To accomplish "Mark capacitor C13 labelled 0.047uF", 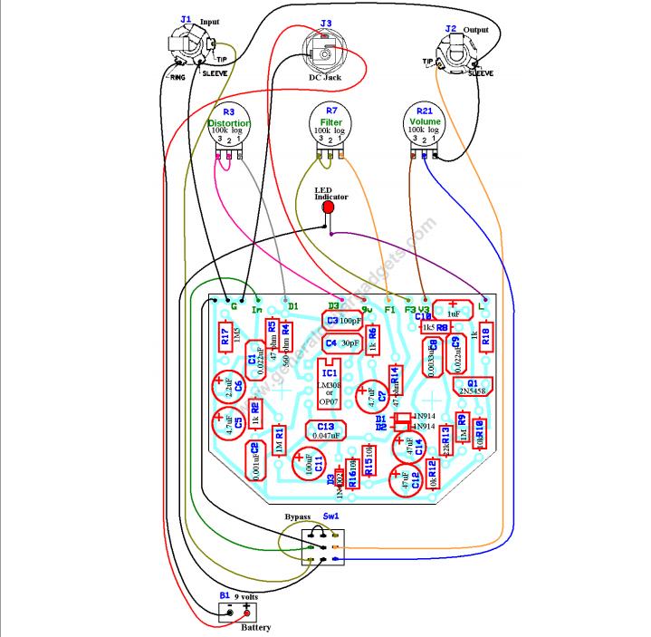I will click(326, 430).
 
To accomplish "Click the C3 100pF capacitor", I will click(343, 321).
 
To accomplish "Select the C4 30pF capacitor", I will click(342, 343).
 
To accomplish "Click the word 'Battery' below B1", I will click(255, 627).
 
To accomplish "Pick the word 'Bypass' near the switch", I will click(298, 516).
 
